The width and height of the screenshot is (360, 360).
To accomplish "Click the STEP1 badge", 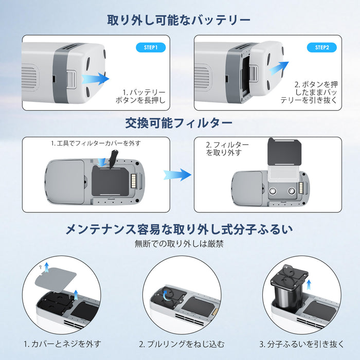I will [150, 47].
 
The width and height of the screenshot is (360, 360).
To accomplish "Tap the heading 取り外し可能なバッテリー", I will [179, 20].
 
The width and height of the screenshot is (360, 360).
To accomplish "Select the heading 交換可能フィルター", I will [179, 123].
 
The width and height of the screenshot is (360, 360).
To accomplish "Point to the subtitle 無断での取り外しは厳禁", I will [179, 244].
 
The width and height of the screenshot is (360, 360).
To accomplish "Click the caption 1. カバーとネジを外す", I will [62, 344].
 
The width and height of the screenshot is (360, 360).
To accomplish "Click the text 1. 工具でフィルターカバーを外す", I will [96, 143].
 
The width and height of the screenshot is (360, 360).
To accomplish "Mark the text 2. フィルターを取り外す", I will [227, 149].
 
